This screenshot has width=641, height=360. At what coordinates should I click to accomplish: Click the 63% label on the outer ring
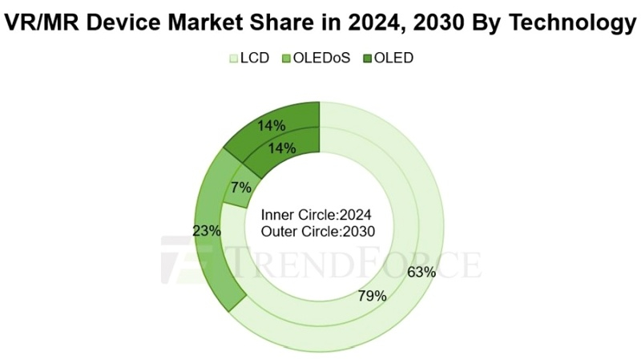tap(421, 272)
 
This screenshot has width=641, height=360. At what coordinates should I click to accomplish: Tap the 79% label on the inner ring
tap(371, 296)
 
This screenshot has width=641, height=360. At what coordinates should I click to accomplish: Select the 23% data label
tap(208, 230)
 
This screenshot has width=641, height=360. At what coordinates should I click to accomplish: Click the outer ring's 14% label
tap(272, 125)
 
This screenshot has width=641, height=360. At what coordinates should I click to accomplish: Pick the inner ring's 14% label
tap(283, 148)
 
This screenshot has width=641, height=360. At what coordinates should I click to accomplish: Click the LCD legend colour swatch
tap(234, 59)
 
